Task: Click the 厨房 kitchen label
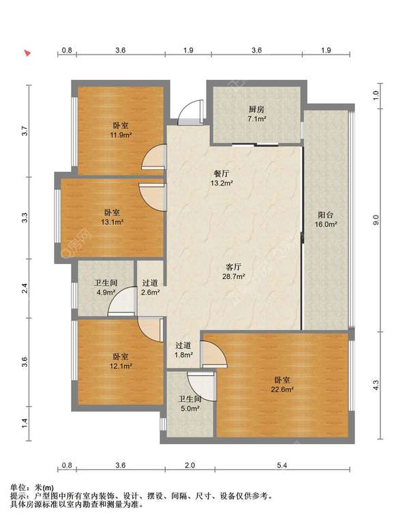click(x=256, y=109)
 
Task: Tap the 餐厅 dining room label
click(x=222, y=174)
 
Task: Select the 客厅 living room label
click(x=233, y=267)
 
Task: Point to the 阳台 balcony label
click(x=325, y=215)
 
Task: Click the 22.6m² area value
click(x=282, y=390)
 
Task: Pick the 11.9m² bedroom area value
click(x=121, y=135)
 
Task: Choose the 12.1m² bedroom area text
click(x=121, y=366)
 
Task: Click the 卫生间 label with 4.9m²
click(x=106, y=282)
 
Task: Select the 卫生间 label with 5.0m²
click(x=190, y=399)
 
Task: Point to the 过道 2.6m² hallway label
click(x=150, y=282)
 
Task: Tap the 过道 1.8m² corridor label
click(x=183, y=345)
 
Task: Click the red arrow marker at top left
click(x=28, y=53)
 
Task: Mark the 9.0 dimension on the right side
click(x=376, y=220)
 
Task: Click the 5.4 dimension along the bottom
click(x=282, y=465)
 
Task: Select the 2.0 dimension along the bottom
click(x=190, y=465)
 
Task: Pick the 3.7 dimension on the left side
click(x=24, y=131)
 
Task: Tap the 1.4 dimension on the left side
click(x=24, y=424)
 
